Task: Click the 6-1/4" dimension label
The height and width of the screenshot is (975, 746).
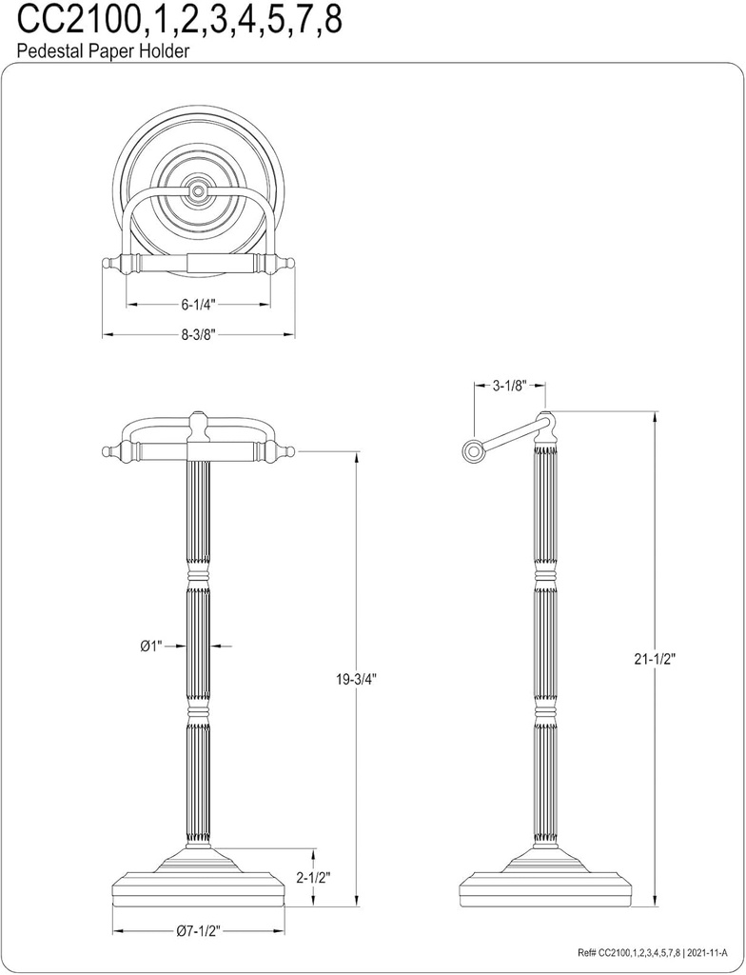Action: click(199, 305)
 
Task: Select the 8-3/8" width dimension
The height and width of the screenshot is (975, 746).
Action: click(199, 335)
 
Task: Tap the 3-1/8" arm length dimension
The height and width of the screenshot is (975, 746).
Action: click(510, 386)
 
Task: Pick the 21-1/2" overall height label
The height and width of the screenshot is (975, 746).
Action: click(656, 659)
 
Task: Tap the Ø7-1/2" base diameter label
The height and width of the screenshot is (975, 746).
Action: click(198, 932)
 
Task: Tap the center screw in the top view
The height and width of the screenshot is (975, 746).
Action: click(198, 191)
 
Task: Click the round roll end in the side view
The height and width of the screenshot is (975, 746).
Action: click(472, 451)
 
